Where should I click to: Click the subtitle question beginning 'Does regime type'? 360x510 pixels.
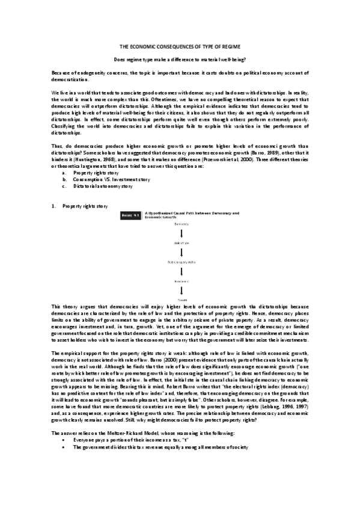pos(180,60)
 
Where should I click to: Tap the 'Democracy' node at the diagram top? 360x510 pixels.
pos(181,224)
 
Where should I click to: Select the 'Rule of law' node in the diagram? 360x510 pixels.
pos(181,242)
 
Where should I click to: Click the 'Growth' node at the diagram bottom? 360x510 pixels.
pos(181,298)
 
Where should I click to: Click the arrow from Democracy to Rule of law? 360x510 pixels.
pos(181,233)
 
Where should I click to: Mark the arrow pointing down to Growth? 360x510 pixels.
pos(181,289)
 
